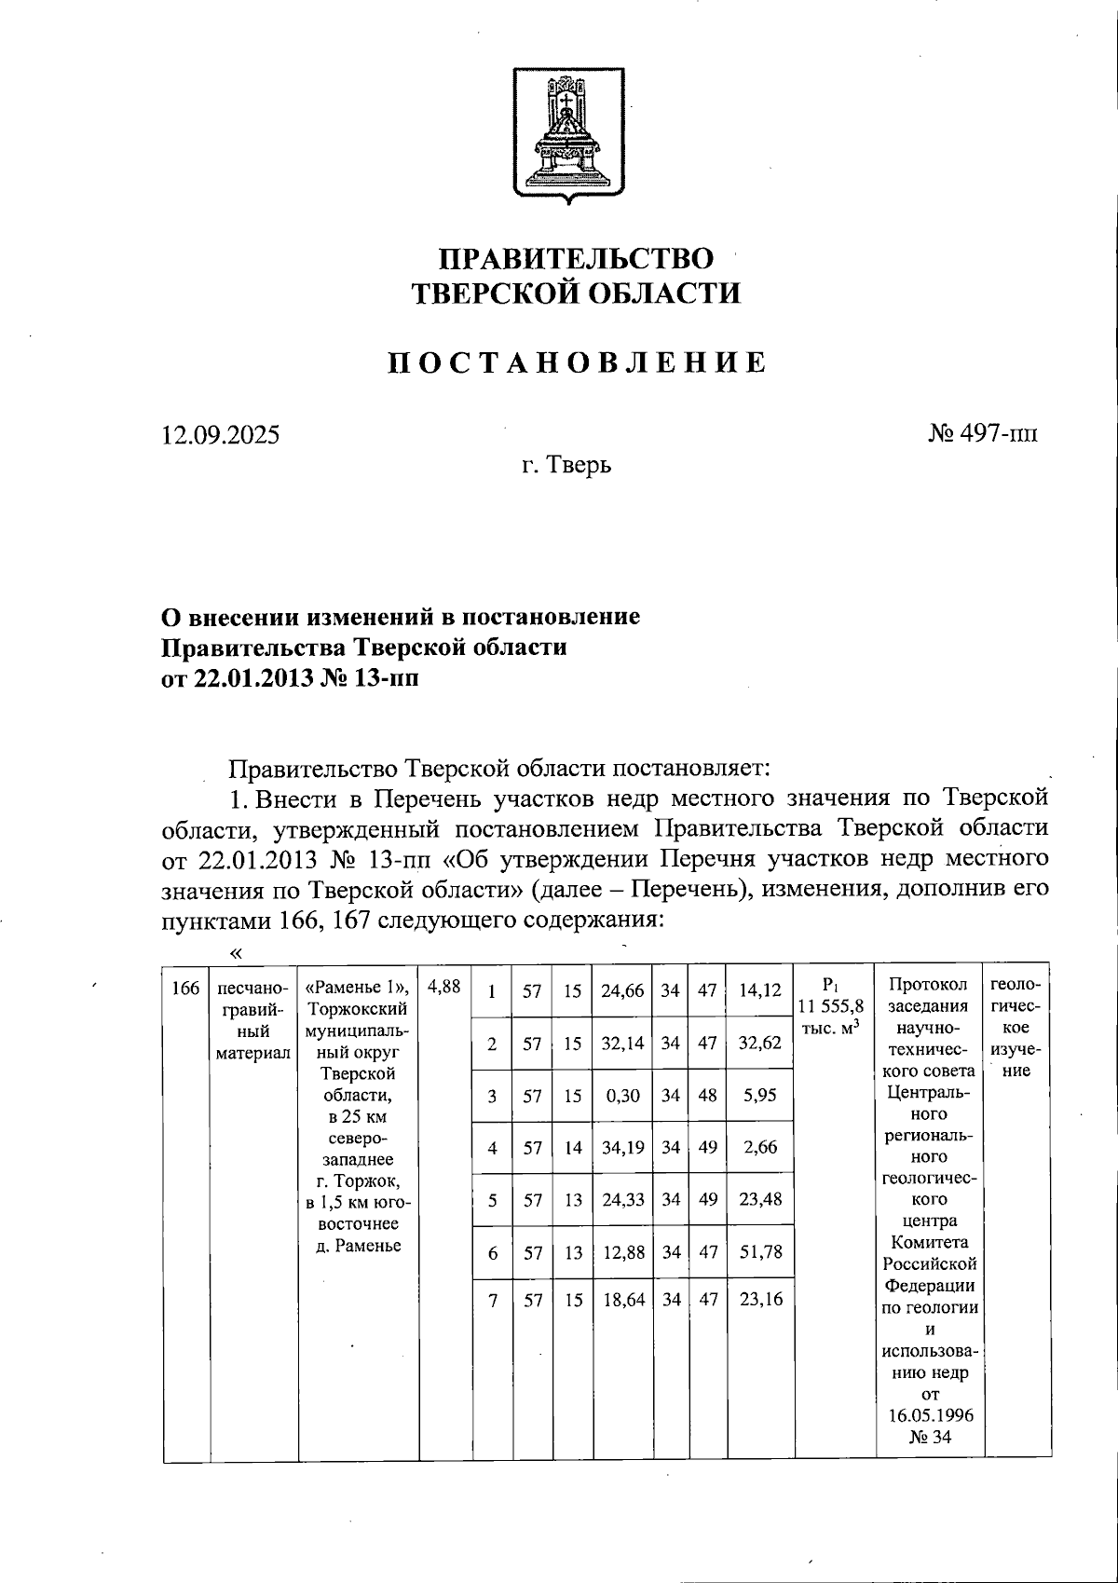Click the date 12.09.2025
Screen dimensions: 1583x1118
220,435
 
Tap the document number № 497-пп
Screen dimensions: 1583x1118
982,434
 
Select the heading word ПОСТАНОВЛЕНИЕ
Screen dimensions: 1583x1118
578,362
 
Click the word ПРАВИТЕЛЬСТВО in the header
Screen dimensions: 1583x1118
577,259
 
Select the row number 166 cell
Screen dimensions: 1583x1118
186,988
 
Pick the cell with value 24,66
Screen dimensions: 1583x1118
622,991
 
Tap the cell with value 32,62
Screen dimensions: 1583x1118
758,1044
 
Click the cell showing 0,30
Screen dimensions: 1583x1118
622,1096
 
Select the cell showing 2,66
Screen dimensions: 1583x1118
758,1148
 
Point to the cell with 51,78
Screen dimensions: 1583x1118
758,1253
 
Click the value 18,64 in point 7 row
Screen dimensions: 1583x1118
622,1298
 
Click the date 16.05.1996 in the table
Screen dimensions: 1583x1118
929,1414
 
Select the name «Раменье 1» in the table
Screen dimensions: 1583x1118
357,988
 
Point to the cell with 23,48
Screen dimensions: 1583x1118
758,1200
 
